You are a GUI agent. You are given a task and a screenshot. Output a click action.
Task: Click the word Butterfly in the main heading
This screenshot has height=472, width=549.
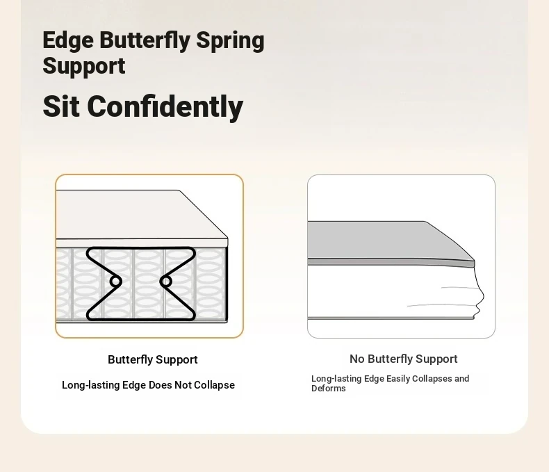pos(145,40)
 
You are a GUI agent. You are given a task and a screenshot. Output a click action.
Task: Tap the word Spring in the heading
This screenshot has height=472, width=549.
pos(230,42)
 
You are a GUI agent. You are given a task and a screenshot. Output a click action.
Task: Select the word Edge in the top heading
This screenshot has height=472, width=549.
pos(68,41)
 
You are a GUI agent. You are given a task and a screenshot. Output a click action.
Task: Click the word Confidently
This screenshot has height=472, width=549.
pos(165,106)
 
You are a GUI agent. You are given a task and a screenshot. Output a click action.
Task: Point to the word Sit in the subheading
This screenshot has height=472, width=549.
pos(61,106)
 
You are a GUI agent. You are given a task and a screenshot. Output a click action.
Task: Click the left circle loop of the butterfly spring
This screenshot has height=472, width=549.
pos(115,281)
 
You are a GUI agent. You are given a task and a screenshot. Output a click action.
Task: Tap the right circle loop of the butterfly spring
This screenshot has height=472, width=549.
pos(166,281)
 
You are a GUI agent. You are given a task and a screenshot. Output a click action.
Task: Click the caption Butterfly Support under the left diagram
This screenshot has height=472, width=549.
pos(153,359)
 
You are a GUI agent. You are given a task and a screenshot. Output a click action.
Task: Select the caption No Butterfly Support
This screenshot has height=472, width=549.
pos(403,359)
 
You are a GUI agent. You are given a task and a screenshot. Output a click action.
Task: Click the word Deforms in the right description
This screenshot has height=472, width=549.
pos(329,389)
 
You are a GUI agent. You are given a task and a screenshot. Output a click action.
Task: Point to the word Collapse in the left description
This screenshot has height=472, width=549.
pos(214,385)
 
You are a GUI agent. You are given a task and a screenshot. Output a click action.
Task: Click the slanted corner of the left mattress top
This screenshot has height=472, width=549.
pos(204,214)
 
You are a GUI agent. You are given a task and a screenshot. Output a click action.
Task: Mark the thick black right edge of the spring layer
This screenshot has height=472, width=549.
pos(227,284)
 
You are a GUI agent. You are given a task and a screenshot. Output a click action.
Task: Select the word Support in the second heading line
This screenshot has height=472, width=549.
pos(84,66)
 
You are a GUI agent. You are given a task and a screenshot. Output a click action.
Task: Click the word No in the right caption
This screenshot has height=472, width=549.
pos(357,359)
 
